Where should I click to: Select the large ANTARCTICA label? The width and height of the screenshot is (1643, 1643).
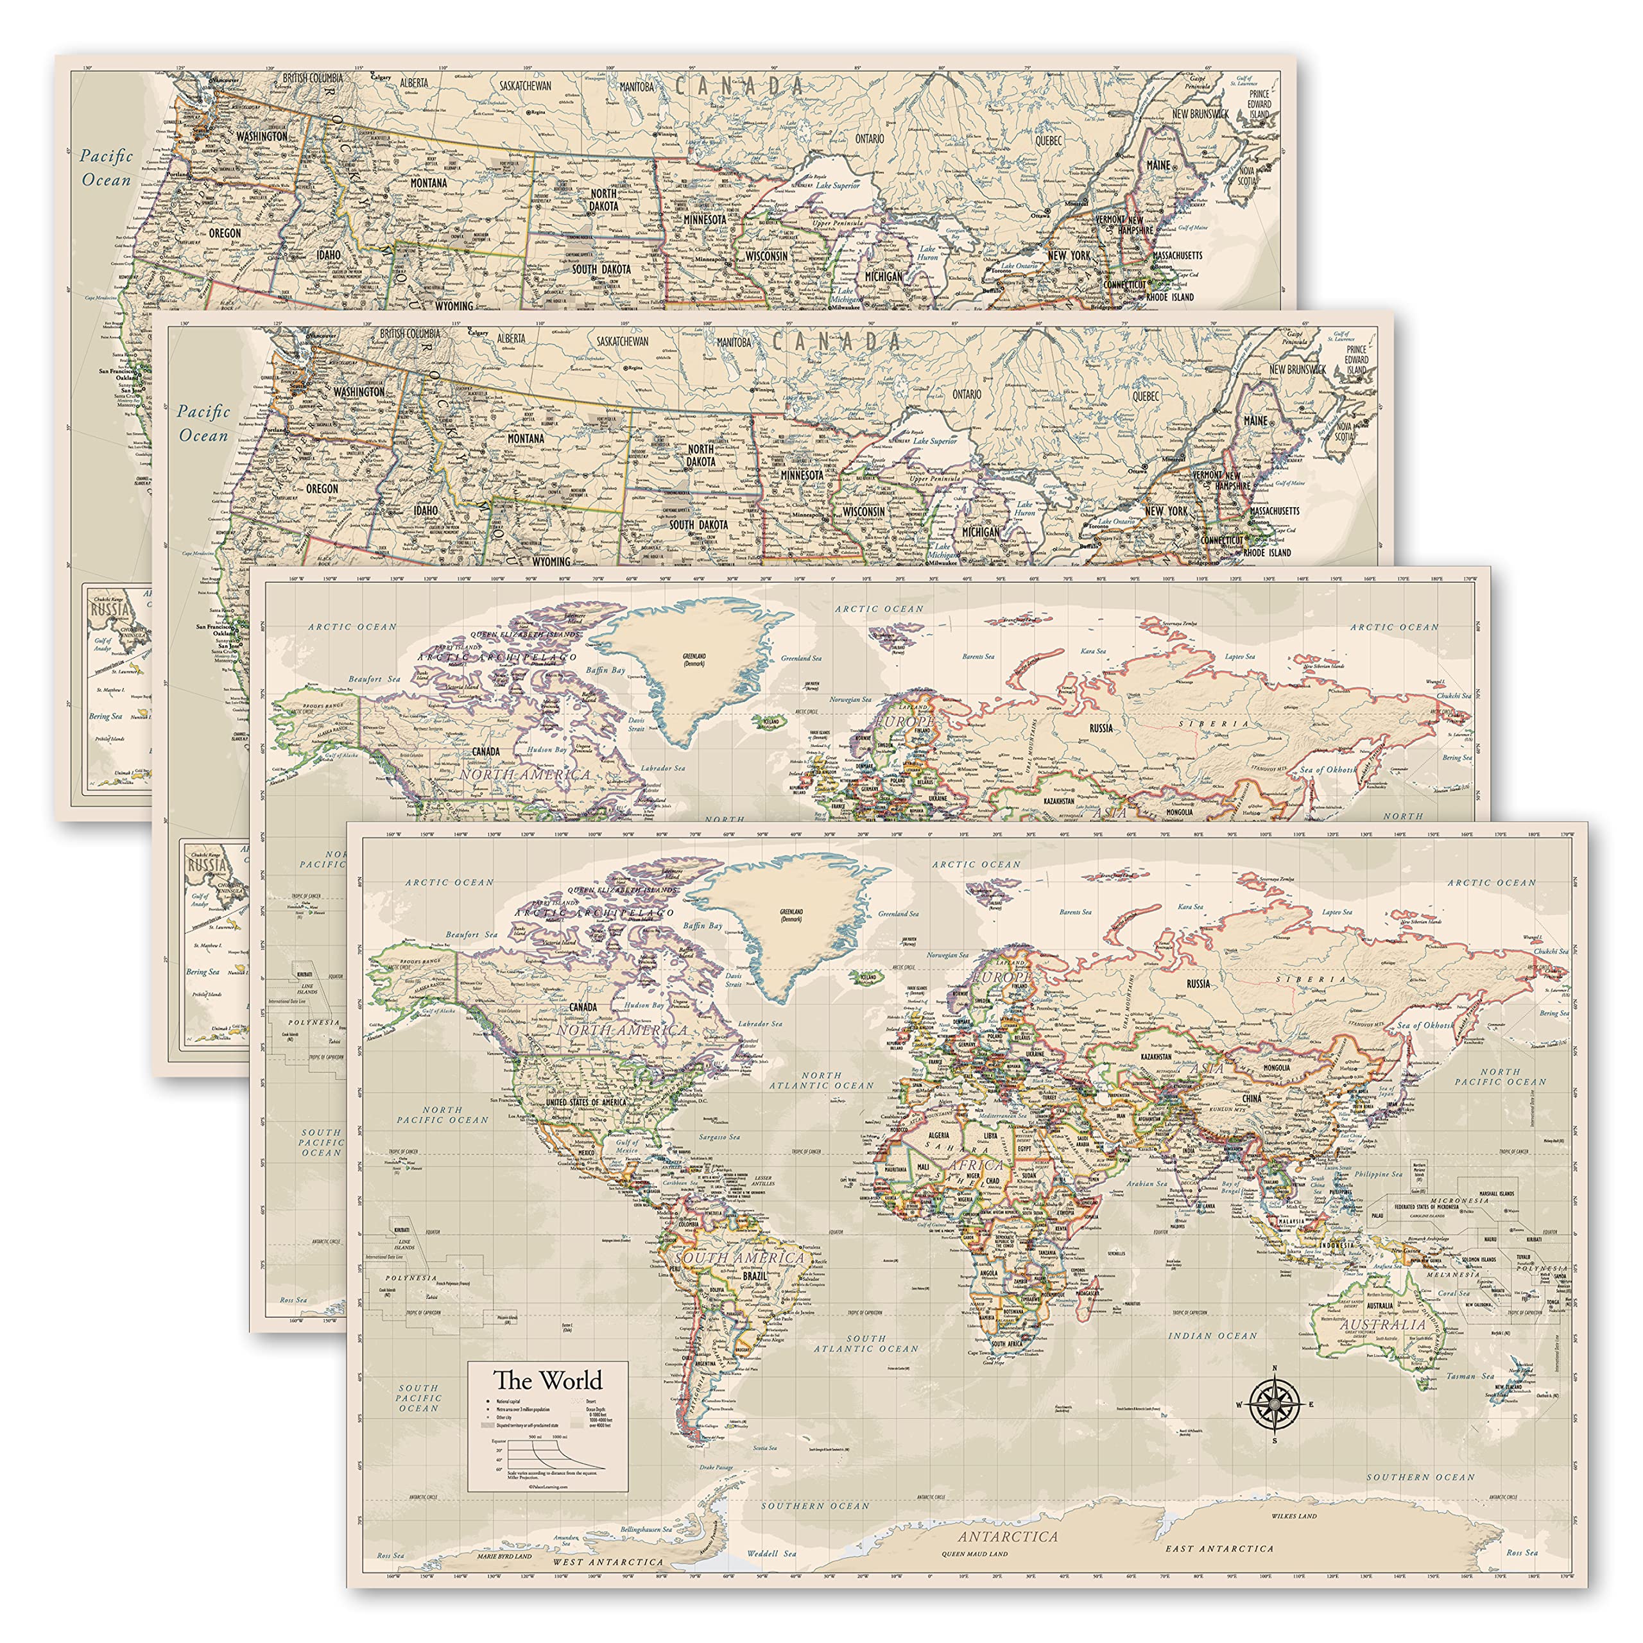(x=1007, y=1536)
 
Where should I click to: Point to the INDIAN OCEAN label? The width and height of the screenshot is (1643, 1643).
(x=1212, y=1336)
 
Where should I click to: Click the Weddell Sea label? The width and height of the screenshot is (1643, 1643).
(x=771, y=1554)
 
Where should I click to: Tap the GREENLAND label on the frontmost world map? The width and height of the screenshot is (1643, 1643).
(x=791, y=913)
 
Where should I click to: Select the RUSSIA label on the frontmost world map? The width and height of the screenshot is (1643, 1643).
(x=1198, y=984)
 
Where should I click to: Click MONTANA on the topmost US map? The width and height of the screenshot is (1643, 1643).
(x=429, y=183)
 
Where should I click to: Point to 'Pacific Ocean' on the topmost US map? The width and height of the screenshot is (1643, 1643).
(x=107, y=168)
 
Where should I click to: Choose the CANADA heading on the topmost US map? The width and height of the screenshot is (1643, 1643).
(x=738, y=86)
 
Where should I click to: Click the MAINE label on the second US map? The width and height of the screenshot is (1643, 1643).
(x=1255, y=421)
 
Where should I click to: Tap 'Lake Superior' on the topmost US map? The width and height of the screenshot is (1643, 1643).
(x=838, y=185)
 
